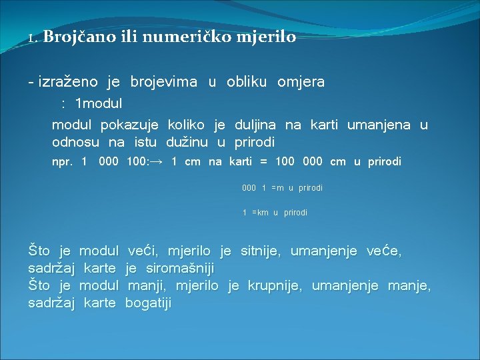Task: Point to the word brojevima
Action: [164, 82]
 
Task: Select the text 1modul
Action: [99, 104]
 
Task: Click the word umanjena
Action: [379, 125]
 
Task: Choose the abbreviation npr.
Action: [63, 162]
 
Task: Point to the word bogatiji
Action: [148, 303]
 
